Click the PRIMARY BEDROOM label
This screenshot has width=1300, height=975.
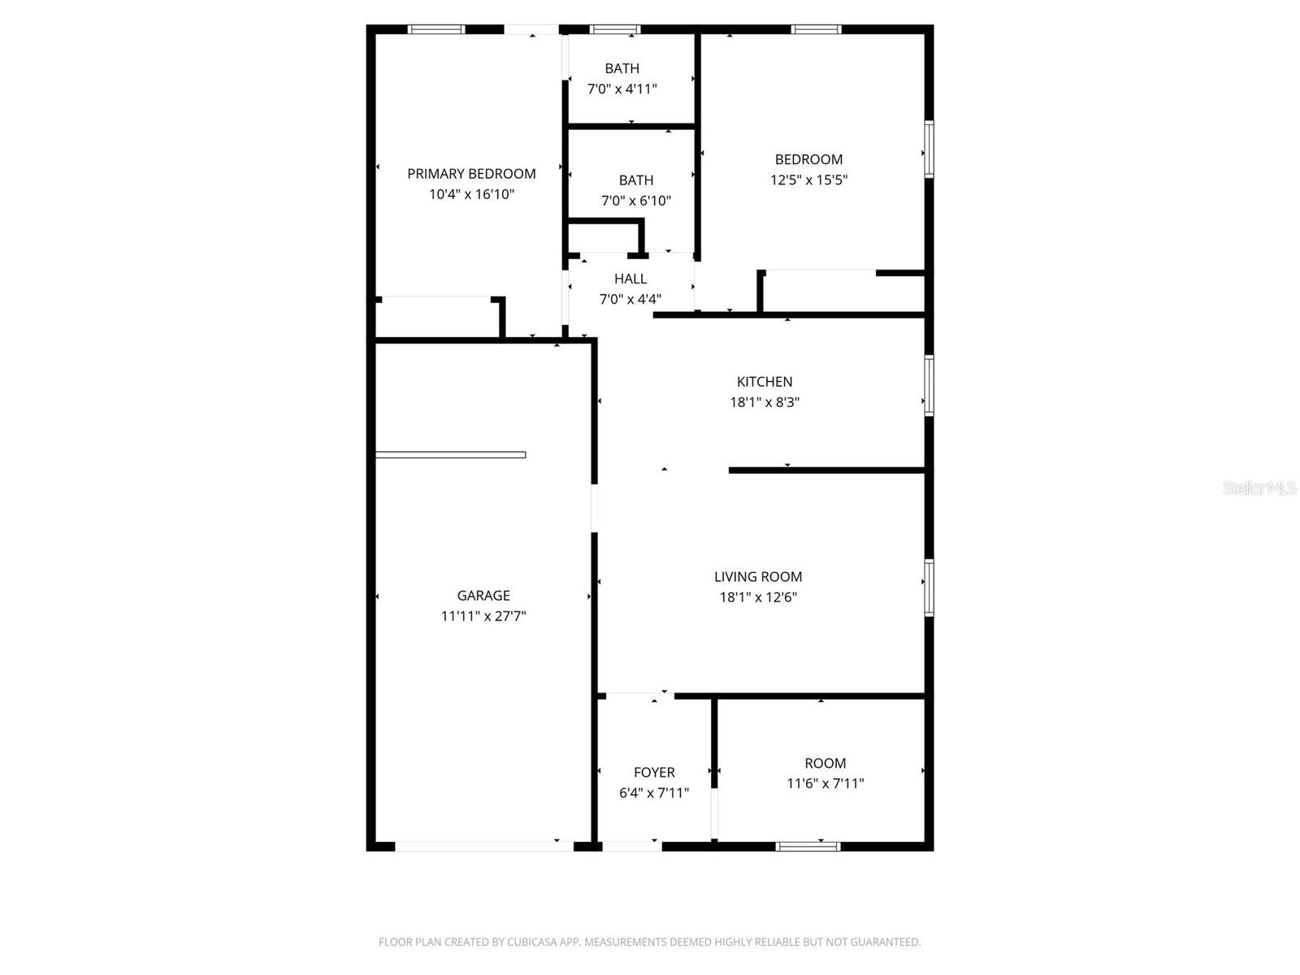coord(471,174)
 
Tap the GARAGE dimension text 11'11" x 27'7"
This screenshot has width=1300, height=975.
coord(483,616)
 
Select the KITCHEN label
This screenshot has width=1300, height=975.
coord(765,382)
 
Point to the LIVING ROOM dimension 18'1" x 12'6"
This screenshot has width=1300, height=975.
coord(758,597)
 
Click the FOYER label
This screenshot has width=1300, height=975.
coord(654,773)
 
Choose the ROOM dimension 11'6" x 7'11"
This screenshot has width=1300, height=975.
coord(825,784)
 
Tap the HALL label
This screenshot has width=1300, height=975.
coord(630,279)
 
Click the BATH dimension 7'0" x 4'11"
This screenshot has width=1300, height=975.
coord(622,89)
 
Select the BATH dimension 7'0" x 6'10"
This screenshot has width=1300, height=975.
coord(636,201)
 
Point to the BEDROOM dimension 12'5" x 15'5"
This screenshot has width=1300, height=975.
coord(808,180)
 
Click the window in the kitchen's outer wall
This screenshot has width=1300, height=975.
coord(929,385)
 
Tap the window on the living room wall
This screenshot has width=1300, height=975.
coord(929,587)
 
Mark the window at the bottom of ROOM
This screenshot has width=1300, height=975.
coord(808,847)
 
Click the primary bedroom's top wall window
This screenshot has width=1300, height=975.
coord(436,30)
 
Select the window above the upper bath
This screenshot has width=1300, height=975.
coord(615,30)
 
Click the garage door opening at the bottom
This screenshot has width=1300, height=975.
coord(484,847)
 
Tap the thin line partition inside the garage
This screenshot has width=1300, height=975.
coord(450,455)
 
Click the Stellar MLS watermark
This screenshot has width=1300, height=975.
coord(1259,488)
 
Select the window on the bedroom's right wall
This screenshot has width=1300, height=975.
coord(929,149)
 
